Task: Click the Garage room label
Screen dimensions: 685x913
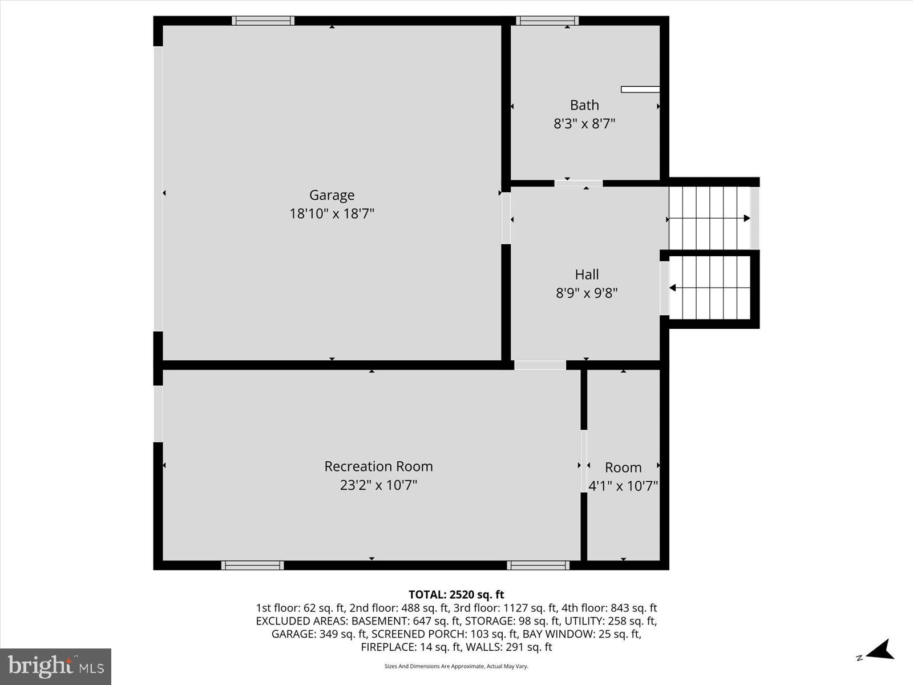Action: pyautogui.click(x=332, y=195)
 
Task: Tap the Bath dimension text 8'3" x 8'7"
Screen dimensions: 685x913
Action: pyautogui.click(x=584, y=123)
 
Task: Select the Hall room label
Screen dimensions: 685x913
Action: pyautogui.click(x=587, y=275)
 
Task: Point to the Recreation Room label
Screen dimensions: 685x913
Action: pyautogui.click(x=378, y=466)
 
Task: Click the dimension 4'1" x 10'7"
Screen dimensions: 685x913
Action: pyautogui.click(x=623, y=486)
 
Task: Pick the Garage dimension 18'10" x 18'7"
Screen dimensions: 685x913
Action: pyautogui.click(x=332, y=213)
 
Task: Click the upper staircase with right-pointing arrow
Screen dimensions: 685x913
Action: pyautogui.click(x=709, y=218)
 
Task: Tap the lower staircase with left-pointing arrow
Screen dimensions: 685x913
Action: pyautogui.click(x=710, y=288)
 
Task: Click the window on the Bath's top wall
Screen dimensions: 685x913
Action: pyautogui.click(x=547, y=21)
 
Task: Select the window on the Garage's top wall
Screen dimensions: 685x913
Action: pyautogui.click(x=263, y=21)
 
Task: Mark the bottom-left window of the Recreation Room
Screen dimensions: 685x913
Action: pyautogui.click(x=252, y=565)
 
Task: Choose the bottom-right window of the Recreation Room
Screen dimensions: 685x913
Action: pyautogui.click(x=538, y=565)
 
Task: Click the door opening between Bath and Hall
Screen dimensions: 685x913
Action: pyautogui.click(x=578, y=183)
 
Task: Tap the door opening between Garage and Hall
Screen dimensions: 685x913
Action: pyautogui.click(x=506, y=218)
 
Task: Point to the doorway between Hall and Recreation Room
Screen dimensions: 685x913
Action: pyautogui.click(x=540, y=365)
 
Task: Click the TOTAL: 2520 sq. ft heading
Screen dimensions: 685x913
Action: pyautogui.click(x=456, y=595)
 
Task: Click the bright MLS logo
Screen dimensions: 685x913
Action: pyautogui.click(x=56, y=666)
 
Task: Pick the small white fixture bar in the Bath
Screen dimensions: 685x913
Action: pyautogui.click(x=640, y=89)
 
